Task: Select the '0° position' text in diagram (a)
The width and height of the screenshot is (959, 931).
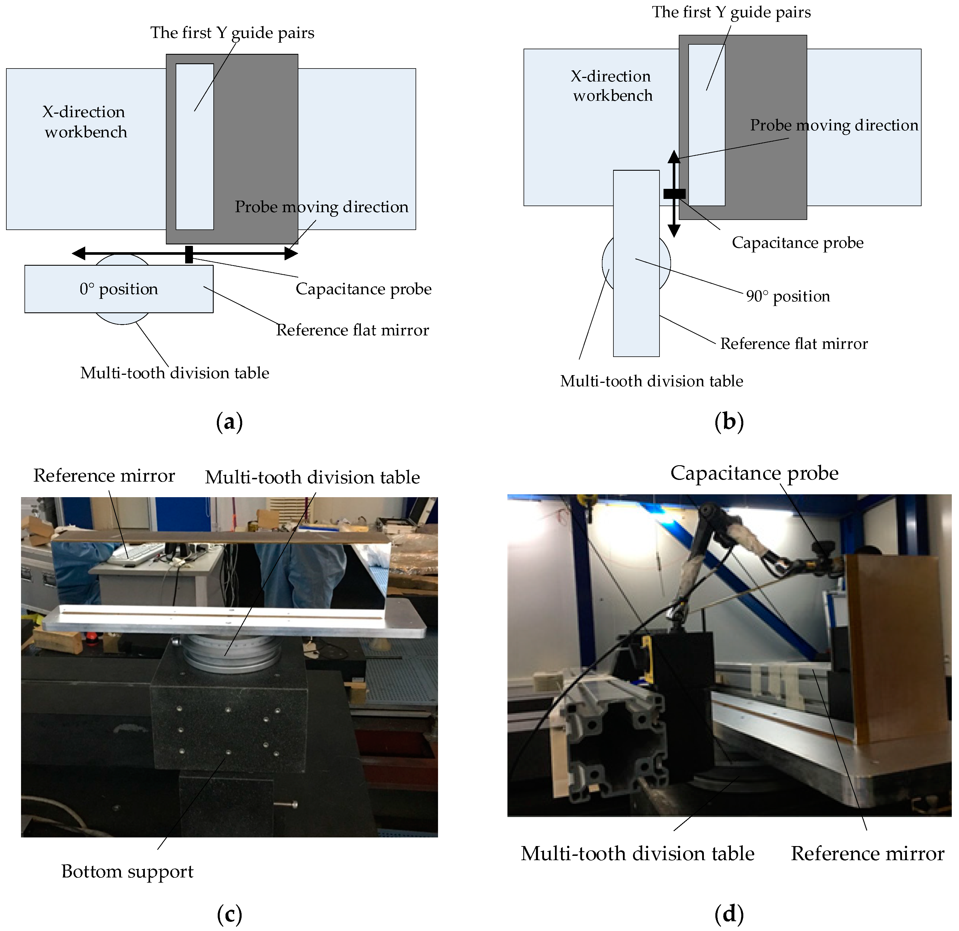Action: [x=119, y=289]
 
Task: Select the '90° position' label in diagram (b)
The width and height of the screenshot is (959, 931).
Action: [x=788, y=297]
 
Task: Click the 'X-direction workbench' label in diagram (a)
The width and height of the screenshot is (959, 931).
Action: [x=85, y=122]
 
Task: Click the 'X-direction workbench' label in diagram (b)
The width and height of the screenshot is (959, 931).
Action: [x=612, y=85]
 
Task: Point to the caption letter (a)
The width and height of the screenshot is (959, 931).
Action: [x=229, y=421]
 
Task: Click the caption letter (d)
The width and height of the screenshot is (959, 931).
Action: [x=729, y=914]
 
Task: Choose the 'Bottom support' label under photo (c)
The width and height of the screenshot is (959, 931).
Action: [x=127, y=871]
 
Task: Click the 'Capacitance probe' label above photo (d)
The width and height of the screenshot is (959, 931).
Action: [x=754, y=473]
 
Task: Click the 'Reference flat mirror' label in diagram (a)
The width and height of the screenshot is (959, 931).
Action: [x=352, y=330]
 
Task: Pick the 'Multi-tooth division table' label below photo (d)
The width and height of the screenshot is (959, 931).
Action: [x=637, y=854]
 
